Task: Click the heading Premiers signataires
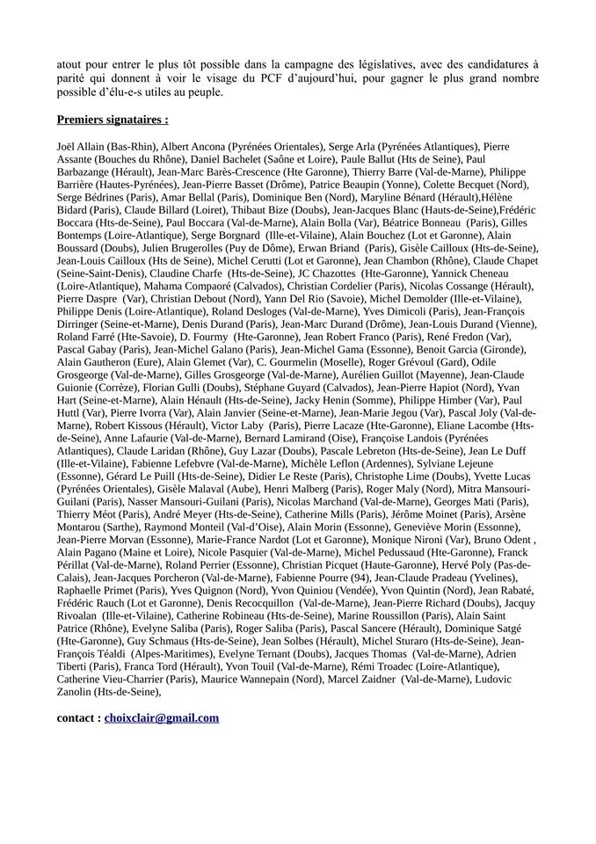point(113,119)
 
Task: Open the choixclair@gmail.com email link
point(161,717)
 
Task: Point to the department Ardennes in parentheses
point(343,463)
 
